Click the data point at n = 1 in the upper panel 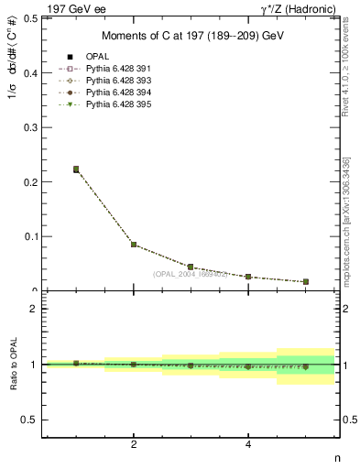[76, 169]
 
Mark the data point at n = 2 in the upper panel [134, 245]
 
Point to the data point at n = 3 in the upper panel [191, 267]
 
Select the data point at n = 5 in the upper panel [305, 282]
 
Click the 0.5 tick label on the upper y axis [29, 17]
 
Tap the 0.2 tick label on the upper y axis [29, 181]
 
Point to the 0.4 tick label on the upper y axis [29, 72]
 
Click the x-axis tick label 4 [248, 444]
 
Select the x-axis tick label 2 [134, 444]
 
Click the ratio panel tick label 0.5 [29, 420]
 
